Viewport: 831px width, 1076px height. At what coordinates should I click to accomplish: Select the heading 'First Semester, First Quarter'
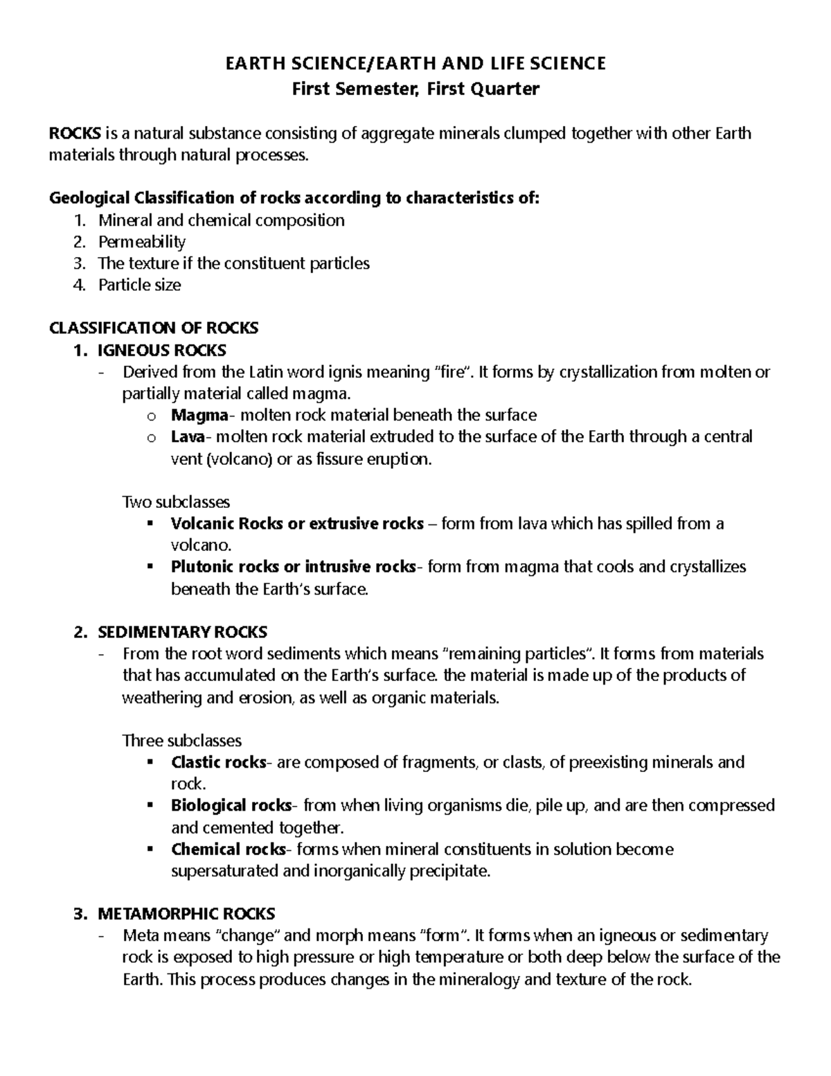(x=415, y=89)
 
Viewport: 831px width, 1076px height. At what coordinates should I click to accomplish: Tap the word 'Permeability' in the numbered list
(x=142, y=242)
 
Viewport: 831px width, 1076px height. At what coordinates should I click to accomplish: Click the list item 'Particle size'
(x=139, y=285)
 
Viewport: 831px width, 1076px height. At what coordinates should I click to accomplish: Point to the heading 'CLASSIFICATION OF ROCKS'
(x=154, y=328)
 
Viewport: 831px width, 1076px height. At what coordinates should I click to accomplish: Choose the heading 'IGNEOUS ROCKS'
(x=162, y=350)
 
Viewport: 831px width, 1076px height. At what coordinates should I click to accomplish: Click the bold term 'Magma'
(x=199, y=415)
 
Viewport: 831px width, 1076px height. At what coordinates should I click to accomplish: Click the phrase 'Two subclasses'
(x=176, y=502)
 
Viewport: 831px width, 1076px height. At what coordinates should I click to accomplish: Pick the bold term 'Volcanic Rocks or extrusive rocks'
(x=297, y=524)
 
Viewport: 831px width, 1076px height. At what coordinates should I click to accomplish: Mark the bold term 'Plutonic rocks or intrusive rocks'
(x=293, y=567)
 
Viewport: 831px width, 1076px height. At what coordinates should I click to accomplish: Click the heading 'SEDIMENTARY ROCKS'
(x=182, y=632)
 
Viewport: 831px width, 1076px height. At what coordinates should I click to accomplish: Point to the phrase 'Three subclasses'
(x=181, y=741)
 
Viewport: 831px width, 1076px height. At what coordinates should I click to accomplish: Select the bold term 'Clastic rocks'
(x=218, y=763)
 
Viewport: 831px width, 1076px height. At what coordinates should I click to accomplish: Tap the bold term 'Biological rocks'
(x=231, y=806)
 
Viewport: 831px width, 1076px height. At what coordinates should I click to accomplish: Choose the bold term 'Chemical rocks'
(x=228, y=849)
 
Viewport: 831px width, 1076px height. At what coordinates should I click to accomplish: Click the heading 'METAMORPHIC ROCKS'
(x=186, y=914)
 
